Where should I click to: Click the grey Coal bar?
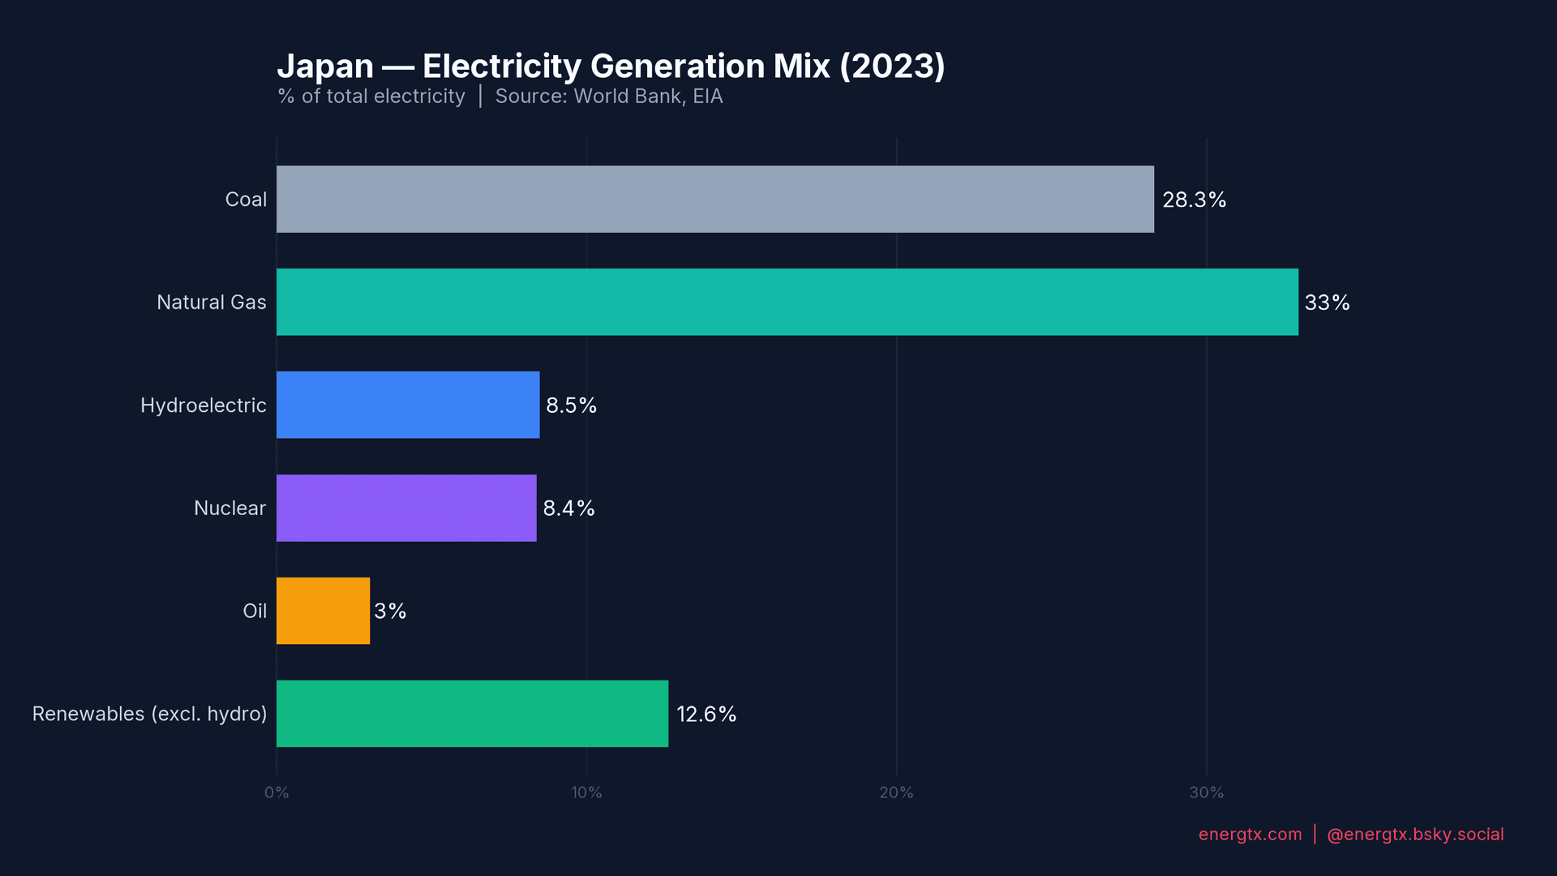(714, 200)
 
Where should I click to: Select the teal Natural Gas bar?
(787, 302)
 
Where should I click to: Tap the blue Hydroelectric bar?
(408, 405)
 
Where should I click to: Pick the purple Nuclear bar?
(406, 508)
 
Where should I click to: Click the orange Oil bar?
(323, 611)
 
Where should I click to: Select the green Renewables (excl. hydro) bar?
(472, 714)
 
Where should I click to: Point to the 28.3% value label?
(1194, 200)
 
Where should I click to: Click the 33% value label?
(1327, 303)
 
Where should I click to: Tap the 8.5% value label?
(571, 405)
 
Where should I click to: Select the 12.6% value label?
(706, 714)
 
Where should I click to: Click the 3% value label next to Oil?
(390, 611)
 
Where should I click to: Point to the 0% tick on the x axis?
(277, 792)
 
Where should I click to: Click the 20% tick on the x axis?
(896, 792)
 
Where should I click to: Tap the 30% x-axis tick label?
(1206, 792)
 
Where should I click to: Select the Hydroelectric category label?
(203, 405)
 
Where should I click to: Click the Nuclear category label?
(229, 508)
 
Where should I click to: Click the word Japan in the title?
(325, 67)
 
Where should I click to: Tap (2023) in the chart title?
(892, 67)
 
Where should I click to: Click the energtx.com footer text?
(1250, 834)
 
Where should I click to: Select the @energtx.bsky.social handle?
(1415, 834)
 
